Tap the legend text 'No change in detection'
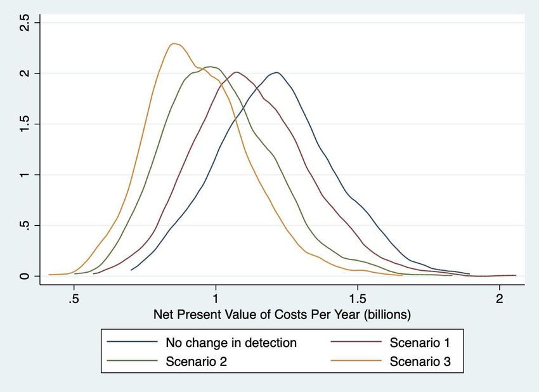(x=231, y=343)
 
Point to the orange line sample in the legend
(x=356, y=363)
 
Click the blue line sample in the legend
(x=132, y=343)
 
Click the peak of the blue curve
(x=276, y=72)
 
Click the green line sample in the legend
(x=132, y=363)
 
